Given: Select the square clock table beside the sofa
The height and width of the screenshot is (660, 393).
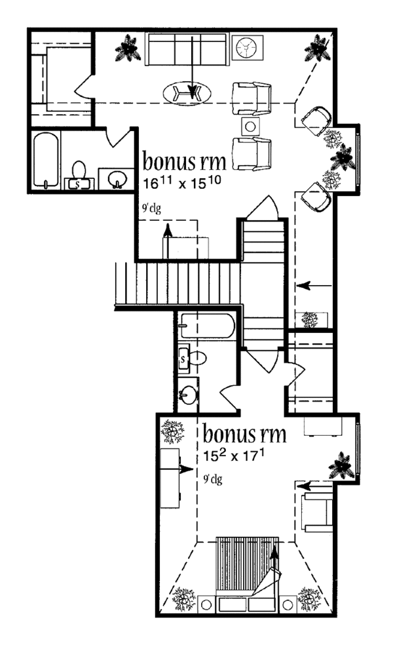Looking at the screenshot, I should (x=248, y=47).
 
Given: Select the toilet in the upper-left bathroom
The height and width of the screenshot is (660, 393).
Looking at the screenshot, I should (x=79, y=174).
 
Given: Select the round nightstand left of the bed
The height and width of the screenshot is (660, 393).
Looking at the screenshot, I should (x=206, y=604).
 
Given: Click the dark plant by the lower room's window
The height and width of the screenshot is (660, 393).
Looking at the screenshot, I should (x=342, y=466).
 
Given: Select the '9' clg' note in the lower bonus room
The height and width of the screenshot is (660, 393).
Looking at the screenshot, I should (x=212, y=480).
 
